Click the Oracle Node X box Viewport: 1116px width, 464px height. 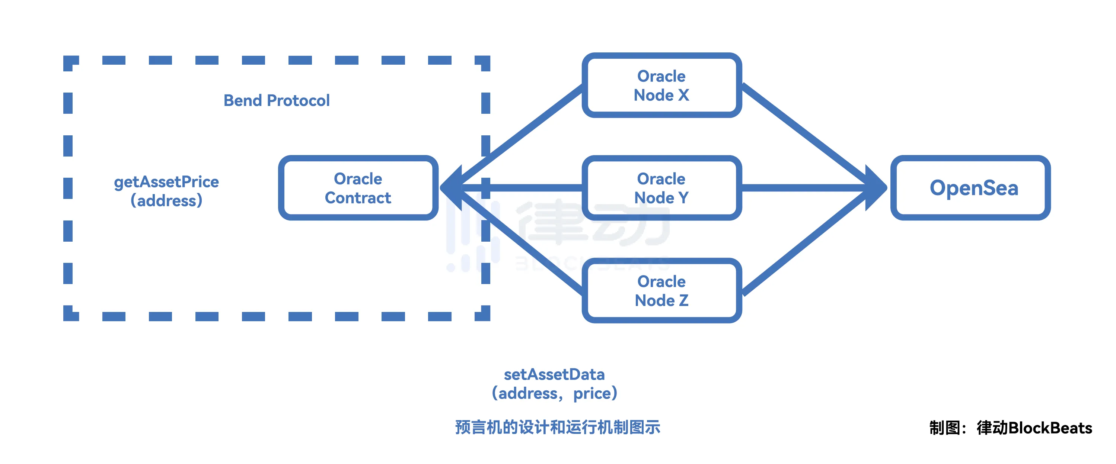[x=661, y=85]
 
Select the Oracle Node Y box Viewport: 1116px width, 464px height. [x=661, y=188]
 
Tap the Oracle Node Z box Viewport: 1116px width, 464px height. [x=661, y=290]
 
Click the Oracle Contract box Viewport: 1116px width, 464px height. [x=358, y=188]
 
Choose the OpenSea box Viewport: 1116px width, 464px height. [x=970, y=188]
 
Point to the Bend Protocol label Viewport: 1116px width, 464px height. [x=277, y=100]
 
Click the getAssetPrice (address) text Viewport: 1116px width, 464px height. [x=166, y=191]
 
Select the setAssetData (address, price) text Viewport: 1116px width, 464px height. [x=554, y=383]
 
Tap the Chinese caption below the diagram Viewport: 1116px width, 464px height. [x=558, y=427]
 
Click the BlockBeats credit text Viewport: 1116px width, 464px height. [x=1010, y=428]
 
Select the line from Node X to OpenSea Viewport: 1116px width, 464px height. [x=806, y=135]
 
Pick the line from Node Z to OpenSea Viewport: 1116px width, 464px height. [x=806, y=242]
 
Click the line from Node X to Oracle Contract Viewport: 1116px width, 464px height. [x=520, y=135]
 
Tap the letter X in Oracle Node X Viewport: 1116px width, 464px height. [x=684, y=95]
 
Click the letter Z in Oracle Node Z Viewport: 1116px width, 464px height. [x=684, y=300]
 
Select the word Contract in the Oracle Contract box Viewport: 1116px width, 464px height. [x=358, y=198]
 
